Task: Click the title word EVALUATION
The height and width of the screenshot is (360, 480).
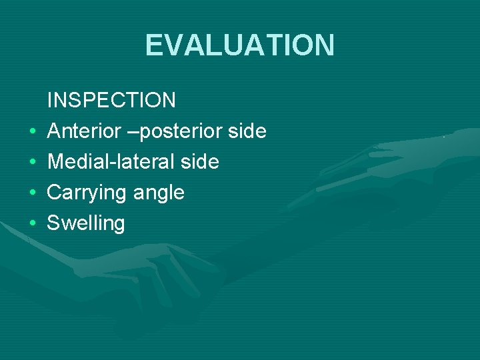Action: (x=240, y=45)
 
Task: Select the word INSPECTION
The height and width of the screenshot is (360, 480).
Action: (x=111, y=101)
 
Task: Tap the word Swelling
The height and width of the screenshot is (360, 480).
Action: (x=86, y=223)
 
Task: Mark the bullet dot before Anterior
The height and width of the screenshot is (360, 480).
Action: (x=31, y=132)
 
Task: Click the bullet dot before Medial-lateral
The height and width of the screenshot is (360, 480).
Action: (x=31, y=163)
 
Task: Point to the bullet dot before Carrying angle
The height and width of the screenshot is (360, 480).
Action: (x=31, y=193)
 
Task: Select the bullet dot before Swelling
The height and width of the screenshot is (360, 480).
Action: (x=31, y=224)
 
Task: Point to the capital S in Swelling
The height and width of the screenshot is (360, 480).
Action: (x=53, y=223)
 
